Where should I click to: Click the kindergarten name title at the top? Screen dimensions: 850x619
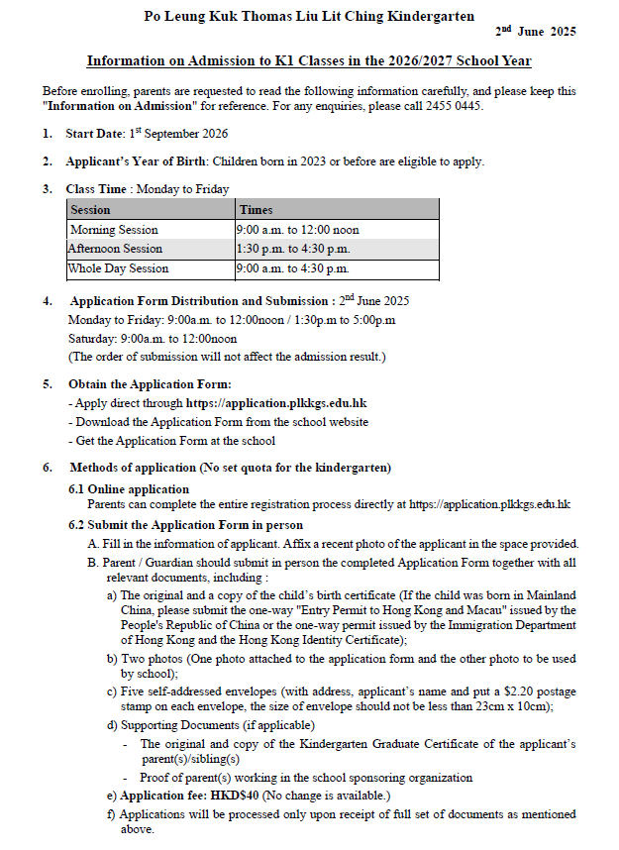(309, 16)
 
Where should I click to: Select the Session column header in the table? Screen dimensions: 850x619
(91, 210)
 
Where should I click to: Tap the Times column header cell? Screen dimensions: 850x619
(256, 210)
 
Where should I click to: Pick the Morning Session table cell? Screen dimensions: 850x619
(114, 230)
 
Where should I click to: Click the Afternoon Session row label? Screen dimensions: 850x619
(115, 249)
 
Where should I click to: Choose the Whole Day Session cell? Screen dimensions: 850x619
(118, 268)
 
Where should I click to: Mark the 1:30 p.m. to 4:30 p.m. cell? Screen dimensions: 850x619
(293, 249)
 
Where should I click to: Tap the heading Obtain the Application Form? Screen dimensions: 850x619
(150, 384)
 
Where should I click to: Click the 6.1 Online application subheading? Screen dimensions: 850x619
(128, 489)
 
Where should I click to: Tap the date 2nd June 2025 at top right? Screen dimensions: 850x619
(536, 33)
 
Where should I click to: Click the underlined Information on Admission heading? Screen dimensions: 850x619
(309, 61)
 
